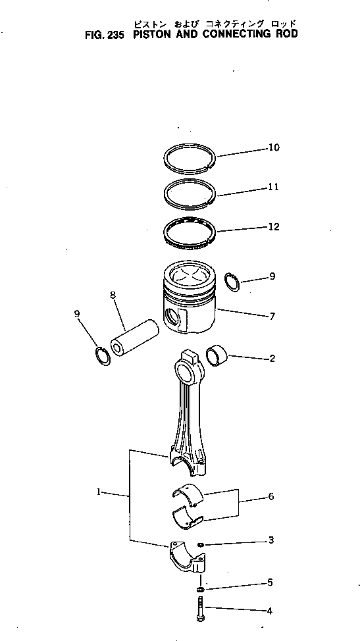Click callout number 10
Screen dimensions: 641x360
[273, 147]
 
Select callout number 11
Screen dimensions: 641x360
[273, 187]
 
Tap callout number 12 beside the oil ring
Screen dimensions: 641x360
[273, 227]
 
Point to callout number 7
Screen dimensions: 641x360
[272, 317]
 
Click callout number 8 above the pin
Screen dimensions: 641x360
[113, 295]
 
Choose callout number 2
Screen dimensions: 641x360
[272, 359]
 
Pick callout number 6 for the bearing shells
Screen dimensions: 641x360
[270, 497]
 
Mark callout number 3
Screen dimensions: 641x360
[270, 540]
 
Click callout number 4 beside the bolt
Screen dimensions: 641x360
[269, 611]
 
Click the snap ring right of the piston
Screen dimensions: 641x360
[231, 281]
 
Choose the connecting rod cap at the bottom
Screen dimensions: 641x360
[188, 559]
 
